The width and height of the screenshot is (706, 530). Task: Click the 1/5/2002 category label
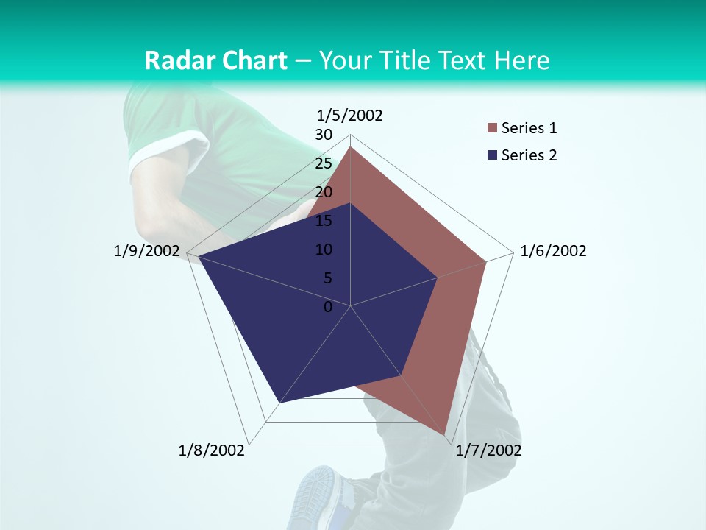tap(350, 116)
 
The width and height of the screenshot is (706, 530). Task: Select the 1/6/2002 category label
tap(553, 251)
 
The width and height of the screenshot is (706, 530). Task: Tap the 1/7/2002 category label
tap(488, 451)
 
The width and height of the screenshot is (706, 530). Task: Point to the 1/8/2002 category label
tap(212, 451)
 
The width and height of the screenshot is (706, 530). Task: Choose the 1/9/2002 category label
tap(147, 251)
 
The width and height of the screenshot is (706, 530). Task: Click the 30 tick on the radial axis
tap(324, 135)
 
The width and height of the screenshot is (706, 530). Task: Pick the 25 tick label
tap(324, 163)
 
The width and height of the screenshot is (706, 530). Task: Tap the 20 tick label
tap(324, 192)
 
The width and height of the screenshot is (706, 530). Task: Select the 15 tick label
tap(324, 221)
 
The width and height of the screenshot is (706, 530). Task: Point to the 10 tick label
tap(324, 250)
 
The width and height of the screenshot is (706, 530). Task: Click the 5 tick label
tap(327, 278)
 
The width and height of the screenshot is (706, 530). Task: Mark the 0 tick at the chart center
tap(328, 306)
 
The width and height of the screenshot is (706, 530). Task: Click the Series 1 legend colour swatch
tap(491, 129)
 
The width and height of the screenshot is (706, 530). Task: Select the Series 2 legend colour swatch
tap(491, 155)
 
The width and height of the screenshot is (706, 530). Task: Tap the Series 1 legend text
tap(529, 128)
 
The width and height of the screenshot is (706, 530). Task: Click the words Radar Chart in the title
tap(215, 60)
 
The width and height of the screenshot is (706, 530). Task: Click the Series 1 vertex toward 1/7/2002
tap(444, 434)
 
